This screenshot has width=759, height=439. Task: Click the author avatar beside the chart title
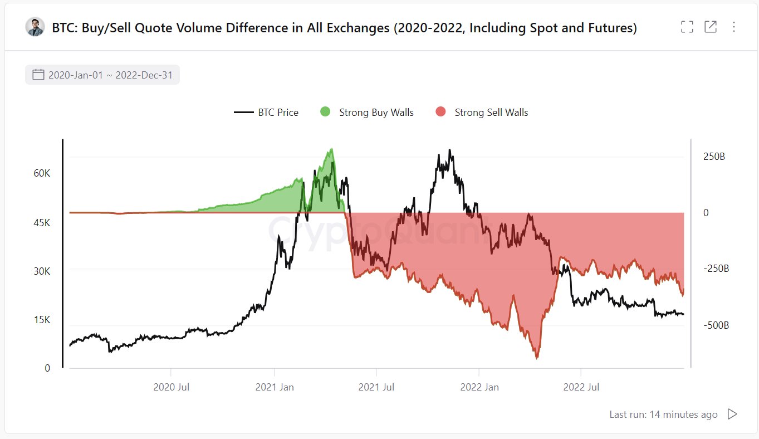[x=35, y=27]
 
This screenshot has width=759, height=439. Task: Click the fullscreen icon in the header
[x=687, y=27]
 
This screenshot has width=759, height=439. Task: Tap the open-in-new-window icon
[x=711, y=27]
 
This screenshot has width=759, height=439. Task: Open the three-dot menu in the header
[x=733, y=27]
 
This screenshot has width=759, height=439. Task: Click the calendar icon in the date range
[x=38, y=75]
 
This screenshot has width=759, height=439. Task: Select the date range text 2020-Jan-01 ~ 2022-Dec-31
[x=110, y=75]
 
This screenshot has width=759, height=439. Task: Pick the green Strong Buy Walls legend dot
[x=325, y=113]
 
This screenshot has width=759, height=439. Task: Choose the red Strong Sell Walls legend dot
[x=440, y=113]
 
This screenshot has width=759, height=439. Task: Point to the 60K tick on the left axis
[x=42, y=173]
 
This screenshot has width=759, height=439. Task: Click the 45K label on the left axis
[x=42, y=223]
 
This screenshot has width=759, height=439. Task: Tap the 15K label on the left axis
[x=42, y=320]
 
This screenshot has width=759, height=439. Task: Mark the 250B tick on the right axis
[x=714, y=157]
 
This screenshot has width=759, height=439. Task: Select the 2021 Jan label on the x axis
[x=275, y=387]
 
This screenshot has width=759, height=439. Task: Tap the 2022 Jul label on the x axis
[x=581, y=387]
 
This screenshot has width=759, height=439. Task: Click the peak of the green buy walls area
[x=332, y=149]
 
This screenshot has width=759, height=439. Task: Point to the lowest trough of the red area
[x=537, y=358]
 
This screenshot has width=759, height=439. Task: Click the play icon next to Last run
[x=732, y=414]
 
